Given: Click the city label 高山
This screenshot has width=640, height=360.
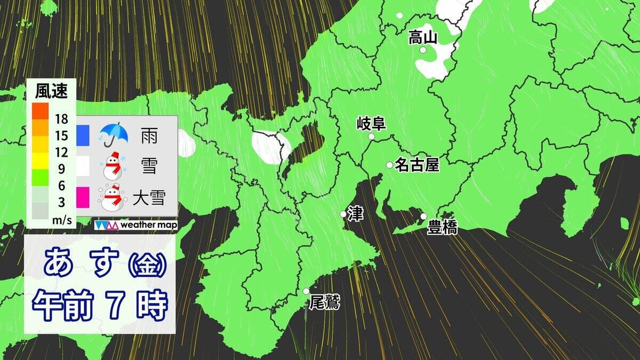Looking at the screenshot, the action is tap(423, 37).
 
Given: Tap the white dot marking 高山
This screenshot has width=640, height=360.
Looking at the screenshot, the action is tap(423, 50).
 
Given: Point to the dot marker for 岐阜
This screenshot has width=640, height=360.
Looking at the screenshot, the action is tap(371, 137).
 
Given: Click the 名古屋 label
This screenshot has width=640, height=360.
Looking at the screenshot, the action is tap(417, 165).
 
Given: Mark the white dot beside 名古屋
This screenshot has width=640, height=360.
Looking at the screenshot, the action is tap(389, 165).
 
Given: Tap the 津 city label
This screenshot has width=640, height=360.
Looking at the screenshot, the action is tap(355, 213).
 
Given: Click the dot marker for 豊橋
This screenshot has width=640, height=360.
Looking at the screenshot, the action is tap(423, 217).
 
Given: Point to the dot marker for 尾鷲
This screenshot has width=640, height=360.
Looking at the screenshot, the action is tap(306, 291).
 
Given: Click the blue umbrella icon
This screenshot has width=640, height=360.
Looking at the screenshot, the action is tap(113, 135).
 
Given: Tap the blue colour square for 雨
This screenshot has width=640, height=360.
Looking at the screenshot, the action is tap(83, 135).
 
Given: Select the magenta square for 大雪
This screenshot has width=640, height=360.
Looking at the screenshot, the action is tap(83, 197).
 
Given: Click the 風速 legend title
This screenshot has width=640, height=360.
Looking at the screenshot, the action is tap(51, 92).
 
